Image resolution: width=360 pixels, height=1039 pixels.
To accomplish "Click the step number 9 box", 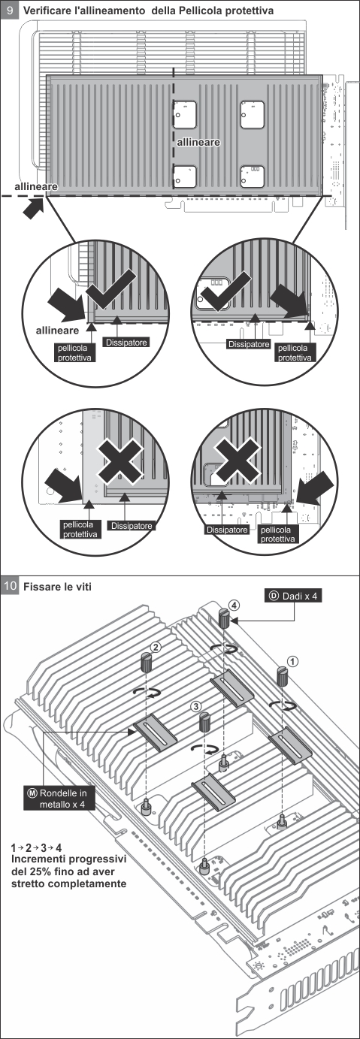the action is pyautogui.click(x=10, y=10).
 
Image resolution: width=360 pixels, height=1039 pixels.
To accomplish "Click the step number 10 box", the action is pyautogui.click(x=10, y=586).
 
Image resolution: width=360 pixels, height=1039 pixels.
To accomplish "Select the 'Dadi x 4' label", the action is pyautogui.click(x=294, y=596).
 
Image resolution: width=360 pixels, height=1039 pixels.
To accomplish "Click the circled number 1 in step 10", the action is pyautogui.click(x=292, y=661).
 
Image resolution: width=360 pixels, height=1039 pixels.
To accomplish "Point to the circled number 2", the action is pyautogui.click(x=156, y=647).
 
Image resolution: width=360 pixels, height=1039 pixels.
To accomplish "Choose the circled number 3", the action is pyautogui.click(x=196, y=706).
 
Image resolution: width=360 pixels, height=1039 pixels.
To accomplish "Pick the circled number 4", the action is pyautogui.click(x=234, y=606).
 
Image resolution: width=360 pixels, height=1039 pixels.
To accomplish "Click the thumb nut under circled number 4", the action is pyautogui.click(x=225, y=619).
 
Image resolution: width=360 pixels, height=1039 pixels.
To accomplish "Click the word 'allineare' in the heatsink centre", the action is pyautogui.click(x=198, y=142).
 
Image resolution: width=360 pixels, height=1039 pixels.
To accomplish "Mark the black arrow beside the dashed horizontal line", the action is pyautogui.click(x=34, y=208).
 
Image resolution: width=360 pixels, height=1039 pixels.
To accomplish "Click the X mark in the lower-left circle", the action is pyautogui.click(x=120, y=461).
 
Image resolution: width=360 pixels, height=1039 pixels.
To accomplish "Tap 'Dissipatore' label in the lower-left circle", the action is pyautogui.click(x=132, y=526).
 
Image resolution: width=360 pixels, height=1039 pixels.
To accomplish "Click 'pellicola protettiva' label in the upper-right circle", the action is pyautogui.click(x=294, y=352).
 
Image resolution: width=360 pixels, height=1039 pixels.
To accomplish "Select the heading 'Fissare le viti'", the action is pyautogui.click(x=57, y=587).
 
